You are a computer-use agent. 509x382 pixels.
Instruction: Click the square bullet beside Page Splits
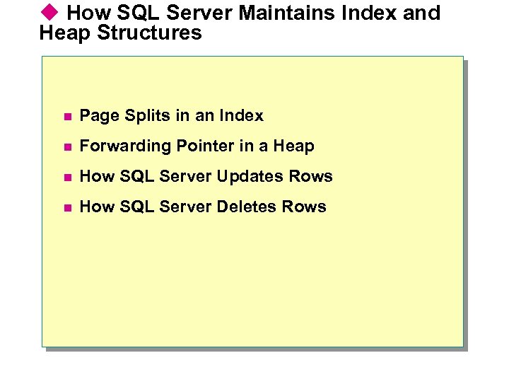click(66, 116)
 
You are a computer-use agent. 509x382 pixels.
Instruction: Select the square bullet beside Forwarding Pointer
click(66, 146)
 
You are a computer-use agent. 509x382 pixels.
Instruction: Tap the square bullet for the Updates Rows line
click(66, 177)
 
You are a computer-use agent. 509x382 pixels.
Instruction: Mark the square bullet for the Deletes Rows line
click(66, 207)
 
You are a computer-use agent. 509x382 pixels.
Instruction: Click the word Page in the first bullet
click(98, 116)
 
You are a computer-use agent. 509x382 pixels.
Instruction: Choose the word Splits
click(141, 116)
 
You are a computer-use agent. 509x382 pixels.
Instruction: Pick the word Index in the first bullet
click(241, 115)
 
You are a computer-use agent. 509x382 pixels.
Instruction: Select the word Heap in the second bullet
click(293, 146)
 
